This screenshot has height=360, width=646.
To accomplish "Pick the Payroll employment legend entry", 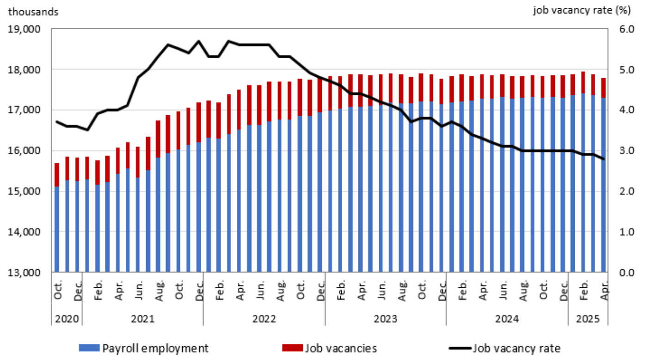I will (144, 348).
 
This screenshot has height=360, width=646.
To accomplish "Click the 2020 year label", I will (67, 319).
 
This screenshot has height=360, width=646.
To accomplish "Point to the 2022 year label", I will (264, 319).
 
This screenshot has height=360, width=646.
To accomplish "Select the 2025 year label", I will (588, 319).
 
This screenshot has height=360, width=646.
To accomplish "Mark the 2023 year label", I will (385, 319).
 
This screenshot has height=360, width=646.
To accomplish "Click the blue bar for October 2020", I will (57, 229).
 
